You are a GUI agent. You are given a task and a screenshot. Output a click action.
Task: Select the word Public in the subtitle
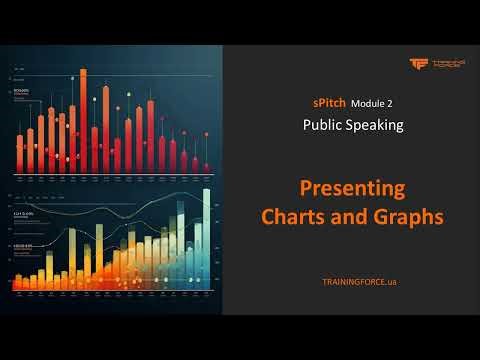[325, 125]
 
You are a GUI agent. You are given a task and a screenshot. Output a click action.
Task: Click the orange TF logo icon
[418, 64]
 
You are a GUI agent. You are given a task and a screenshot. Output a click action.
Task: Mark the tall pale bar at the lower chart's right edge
[206, 240]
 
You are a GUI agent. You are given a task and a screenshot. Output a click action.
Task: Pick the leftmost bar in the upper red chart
[19, 152]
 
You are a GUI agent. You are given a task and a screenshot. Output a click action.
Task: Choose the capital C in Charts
[268, 216]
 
